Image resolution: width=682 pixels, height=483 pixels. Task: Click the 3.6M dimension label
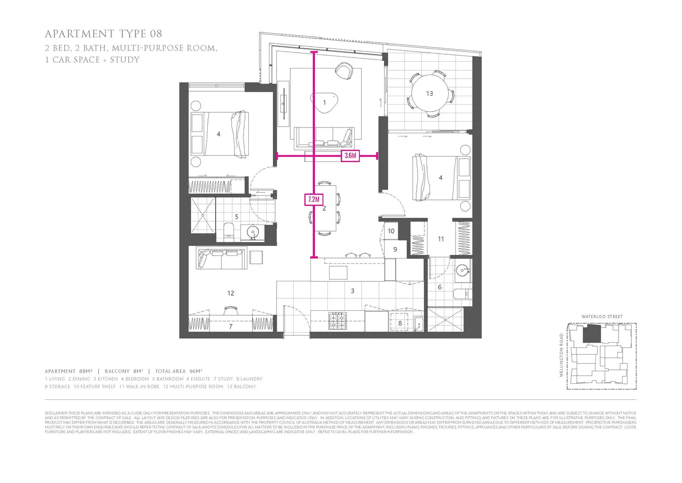[351, 156]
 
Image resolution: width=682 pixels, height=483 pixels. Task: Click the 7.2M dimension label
[314, 199]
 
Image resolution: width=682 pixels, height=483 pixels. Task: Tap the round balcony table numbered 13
[429, 93]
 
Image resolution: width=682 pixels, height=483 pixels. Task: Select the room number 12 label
[230, 293]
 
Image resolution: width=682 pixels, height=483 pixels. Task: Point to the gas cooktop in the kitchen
[337, 321]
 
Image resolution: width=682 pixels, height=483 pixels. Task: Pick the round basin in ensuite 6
[462, 270]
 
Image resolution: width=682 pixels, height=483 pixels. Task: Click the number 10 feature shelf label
[391, 231]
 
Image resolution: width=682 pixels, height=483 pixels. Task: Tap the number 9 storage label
[395, 250]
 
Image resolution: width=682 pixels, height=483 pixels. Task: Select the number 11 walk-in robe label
[441, 239]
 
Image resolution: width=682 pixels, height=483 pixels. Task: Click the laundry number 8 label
[400, 323]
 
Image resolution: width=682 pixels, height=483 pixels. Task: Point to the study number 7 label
[230, 326]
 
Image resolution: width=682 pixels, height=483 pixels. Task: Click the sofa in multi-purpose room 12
[222, 259]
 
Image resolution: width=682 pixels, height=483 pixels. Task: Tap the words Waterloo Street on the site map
[602, 317]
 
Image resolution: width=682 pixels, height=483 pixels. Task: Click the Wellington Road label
[562, 355]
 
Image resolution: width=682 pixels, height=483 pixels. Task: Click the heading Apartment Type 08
[103, 34]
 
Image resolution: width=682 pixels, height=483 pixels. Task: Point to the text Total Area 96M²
[179, 371]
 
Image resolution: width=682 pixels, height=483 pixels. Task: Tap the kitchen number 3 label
[352, 291]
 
